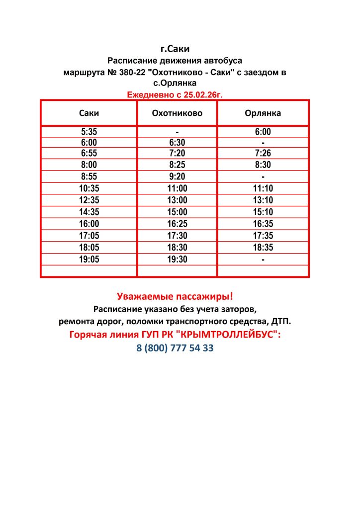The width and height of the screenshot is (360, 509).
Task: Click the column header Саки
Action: (x=89, y=113)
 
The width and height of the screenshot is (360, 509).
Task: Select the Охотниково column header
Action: (x=177, y=113)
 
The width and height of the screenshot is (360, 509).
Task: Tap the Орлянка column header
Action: (x=263, y=113)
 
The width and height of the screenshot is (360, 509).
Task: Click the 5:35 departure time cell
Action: (x=89, y=132)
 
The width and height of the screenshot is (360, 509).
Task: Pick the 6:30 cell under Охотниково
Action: (x=177, y=143)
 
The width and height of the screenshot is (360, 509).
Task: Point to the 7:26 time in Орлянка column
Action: (x=263, y=153)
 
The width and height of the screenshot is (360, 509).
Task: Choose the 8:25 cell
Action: (x=177, y=165)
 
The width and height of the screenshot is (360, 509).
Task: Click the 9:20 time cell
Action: (x=177, y=176)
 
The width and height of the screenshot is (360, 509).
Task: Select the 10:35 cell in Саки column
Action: (x=89, y=188)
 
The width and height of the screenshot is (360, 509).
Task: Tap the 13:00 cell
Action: (x=177, y=200)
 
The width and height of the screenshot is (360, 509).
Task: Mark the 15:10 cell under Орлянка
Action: (x=263, y=212)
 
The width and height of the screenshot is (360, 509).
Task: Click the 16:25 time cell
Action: (x=177, y=224)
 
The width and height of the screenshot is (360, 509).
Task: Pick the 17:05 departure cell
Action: (x=89, y=236)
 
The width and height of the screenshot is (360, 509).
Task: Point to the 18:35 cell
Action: (x=263, y=248)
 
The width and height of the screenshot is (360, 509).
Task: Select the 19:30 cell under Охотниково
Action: (x=177, y=259)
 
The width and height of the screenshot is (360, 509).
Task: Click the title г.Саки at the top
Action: (x=175, y=49)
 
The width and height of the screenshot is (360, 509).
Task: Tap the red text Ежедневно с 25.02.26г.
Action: (x=175, y=94)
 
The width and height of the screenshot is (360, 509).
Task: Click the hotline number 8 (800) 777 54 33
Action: (x=175, y=348)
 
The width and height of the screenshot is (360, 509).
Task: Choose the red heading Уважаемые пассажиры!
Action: (x=175, y=297)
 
